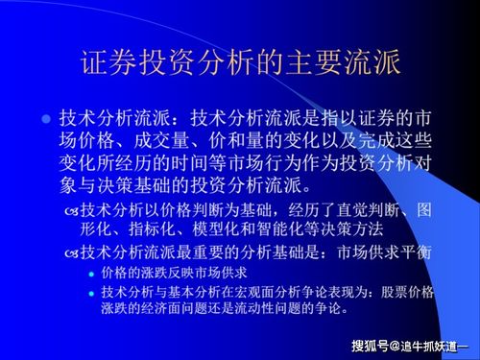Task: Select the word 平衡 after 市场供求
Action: (x=425, y=252)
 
